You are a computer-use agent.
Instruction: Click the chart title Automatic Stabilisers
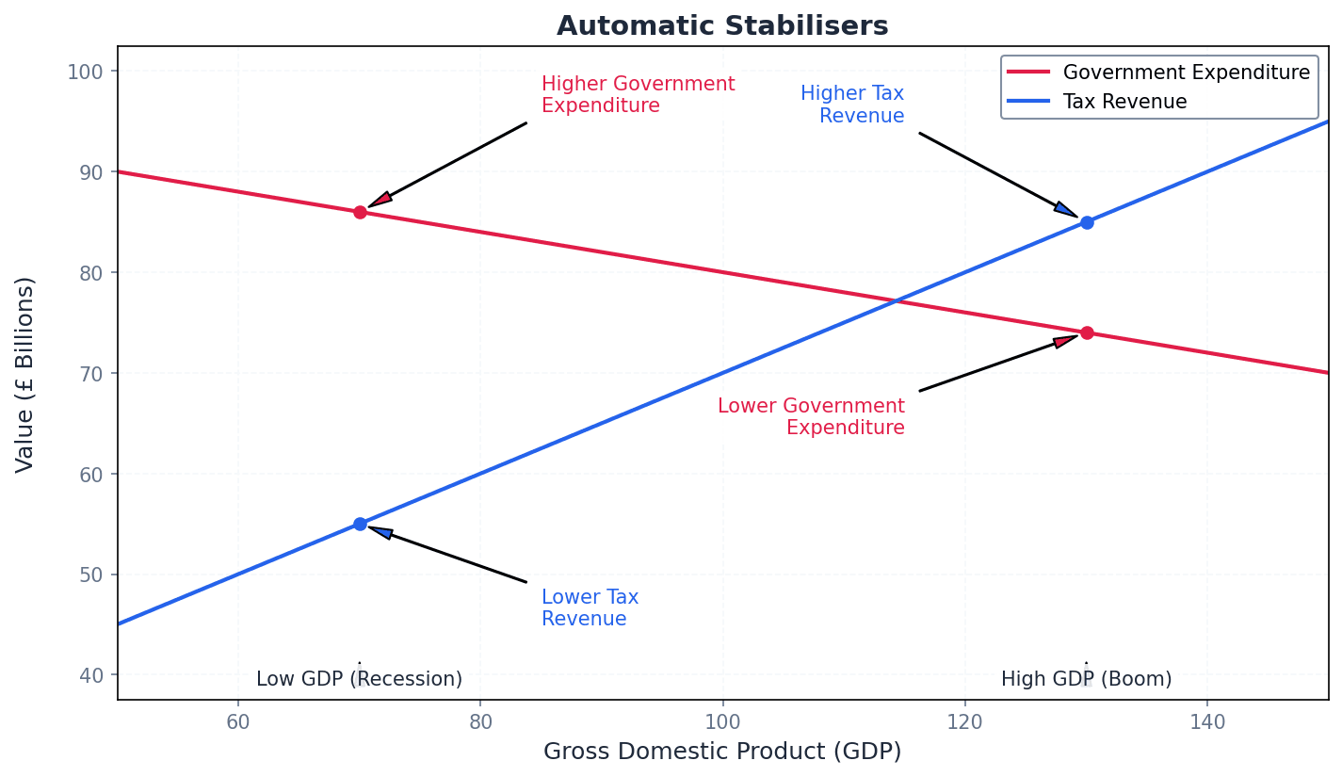coord(722,25)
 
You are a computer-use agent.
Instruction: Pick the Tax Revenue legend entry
coord(1124,102)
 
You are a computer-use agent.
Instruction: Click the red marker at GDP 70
coord(360,212)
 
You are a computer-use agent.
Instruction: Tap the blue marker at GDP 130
coord(1087,222)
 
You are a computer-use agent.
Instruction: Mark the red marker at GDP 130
coord(1087,332)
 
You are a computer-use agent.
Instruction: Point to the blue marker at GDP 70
coord(360,524)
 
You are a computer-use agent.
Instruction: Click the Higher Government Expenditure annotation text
coord(638,95)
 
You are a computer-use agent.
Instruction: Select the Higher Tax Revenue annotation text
coord(852,105)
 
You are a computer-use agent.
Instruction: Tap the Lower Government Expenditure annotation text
coord(811,416)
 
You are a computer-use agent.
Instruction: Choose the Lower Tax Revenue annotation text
coord(590,608)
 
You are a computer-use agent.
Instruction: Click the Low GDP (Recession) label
coord(359,679)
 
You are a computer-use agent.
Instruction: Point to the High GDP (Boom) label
coord(1086,679)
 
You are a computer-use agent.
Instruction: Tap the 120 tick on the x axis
coord(964,721)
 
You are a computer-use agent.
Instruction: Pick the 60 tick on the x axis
coord(238,721)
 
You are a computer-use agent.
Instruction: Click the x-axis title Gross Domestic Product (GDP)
coord(722,752)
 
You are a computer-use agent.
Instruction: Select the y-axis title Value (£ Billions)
coord(25,374)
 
